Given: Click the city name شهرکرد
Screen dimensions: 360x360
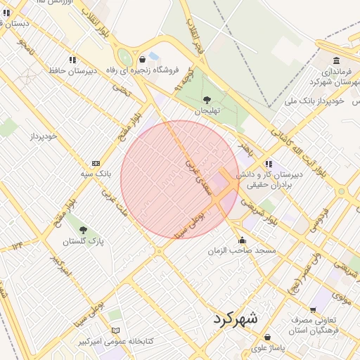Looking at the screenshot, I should click(236, 318).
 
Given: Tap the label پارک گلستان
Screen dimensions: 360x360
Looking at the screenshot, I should click(83, 241).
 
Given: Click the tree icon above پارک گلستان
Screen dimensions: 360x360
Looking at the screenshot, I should click(83, 230).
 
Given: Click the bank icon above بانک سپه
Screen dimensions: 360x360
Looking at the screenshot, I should click(96, 162).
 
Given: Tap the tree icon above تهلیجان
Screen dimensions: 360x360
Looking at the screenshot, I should click(207, 100).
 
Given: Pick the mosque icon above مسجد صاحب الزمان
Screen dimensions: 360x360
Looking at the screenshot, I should click(243, 240).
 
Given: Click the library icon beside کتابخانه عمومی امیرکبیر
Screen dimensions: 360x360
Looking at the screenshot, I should click(115, 330).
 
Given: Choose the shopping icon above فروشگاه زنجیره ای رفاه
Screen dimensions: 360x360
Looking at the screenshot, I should click(143, 59).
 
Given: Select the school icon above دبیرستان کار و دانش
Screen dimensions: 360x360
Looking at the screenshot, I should click(269, 163).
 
